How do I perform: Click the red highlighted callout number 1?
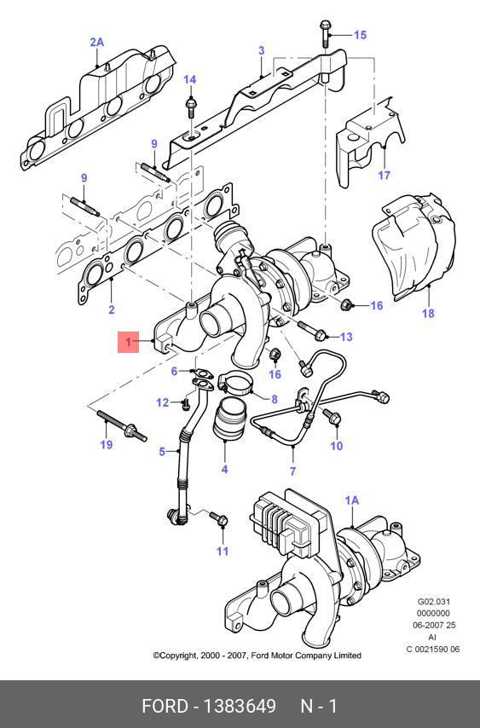128,342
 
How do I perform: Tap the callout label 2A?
96,43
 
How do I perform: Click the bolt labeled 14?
190,107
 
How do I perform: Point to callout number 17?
385,175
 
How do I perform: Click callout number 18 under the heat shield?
428,313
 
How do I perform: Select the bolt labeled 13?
313,330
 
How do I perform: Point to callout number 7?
292,471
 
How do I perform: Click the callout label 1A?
352,500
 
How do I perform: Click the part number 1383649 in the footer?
240,706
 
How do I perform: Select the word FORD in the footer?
165,706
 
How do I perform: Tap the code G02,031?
433,602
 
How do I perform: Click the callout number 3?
262,50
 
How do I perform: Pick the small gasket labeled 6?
202,372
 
